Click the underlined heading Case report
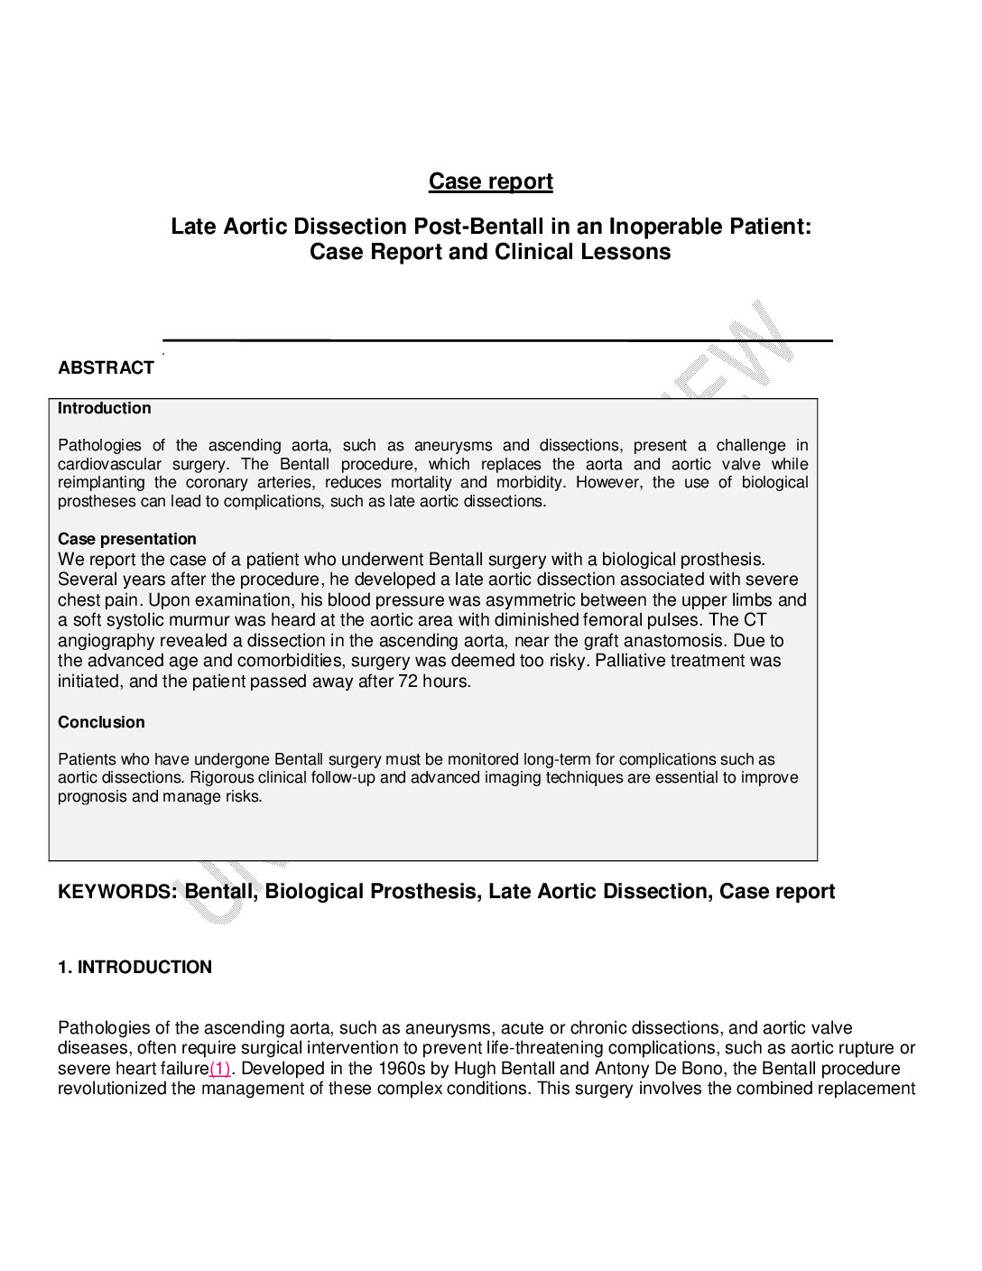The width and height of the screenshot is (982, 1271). click(x=490, y=181)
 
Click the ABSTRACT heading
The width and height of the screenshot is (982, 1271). click(x=106, y=367)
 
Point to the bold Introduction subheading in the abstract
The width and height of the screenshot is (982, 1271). click(x=105, y=408)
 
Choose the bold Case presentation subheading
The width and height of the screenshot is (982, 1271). click(x=127, y=539)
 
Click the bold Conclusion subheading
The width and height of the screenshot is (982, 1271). click(x=101, y=722)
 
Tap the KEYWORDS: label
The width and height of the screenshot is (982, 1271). click(x=117, y=892)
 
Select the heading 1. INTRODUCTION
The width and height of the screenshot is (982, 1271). click(x=134, y=967)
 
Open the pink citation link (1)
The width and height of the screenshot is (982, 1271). click(x=220, y=1069)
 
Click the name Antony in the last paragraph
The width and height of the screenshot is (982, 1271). click(x=622, y=1069)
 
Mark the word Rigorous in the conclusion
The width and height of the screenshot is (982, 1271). click(x=221, y=777)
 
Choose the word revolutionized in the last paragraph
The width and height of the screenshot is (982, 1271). click(x=116, y=1089)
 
